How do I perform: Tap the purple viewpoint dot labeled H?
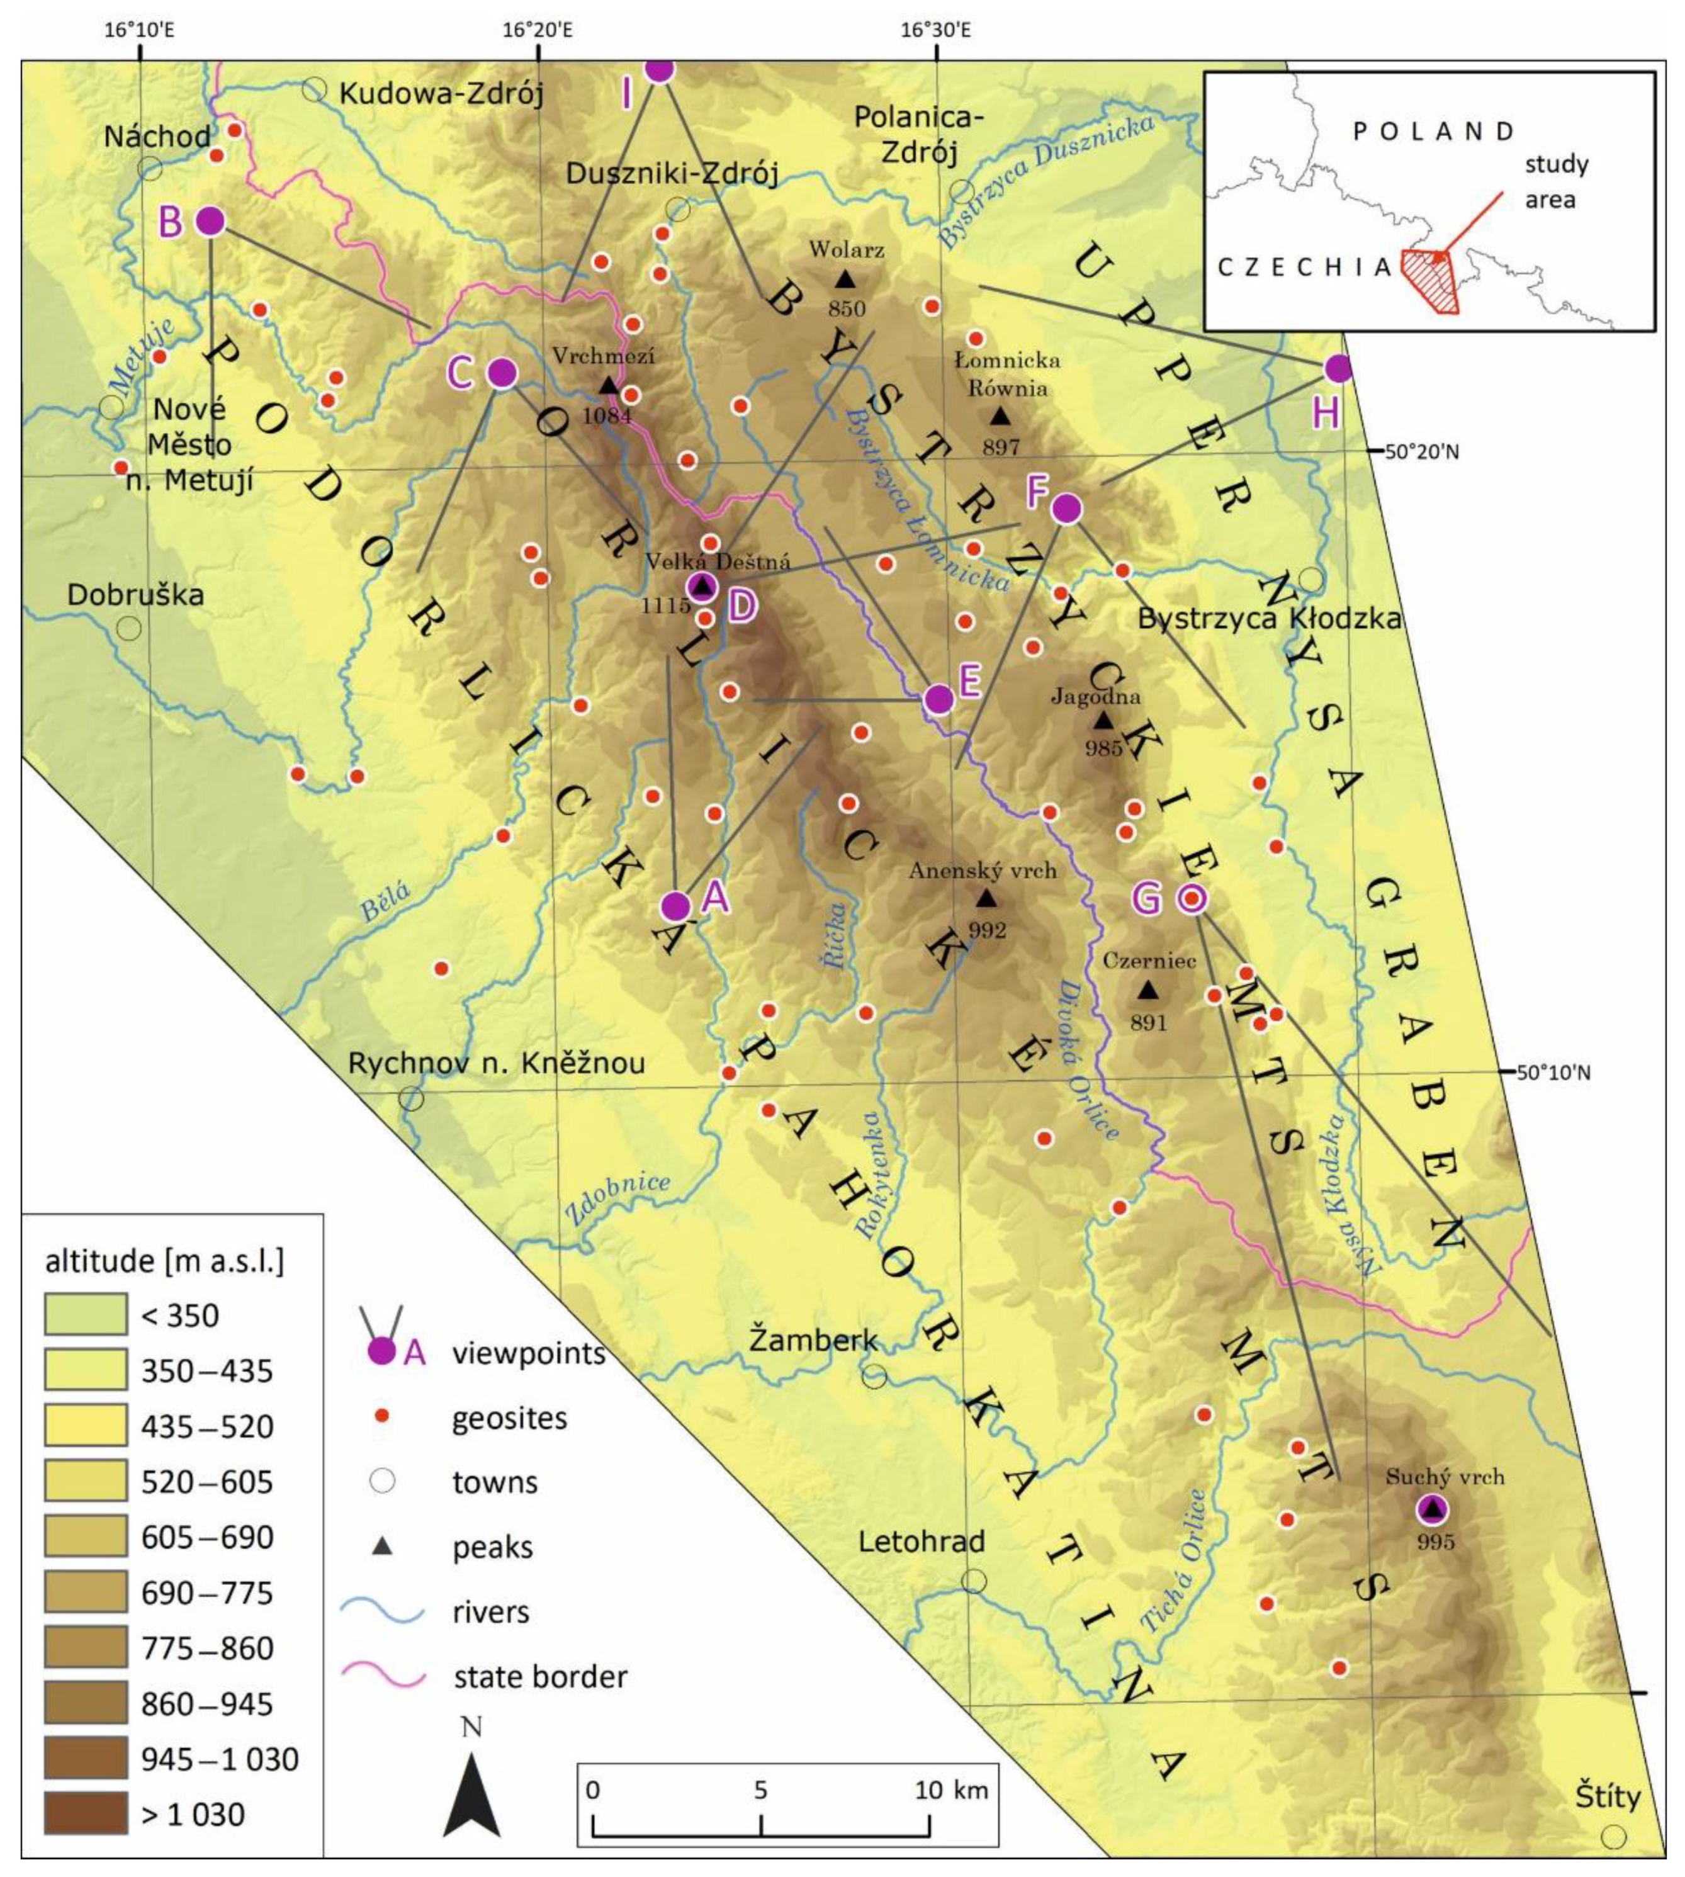pos(1338,369)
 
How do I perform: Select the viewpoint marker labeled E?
pos(938,699)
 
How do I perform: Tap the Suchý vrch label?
pos(1445,1477)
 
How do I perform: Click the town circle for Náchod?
pos(150,169)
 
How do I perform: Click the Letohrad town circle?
pos(973,1580)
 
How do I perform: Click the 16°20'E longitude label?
pos(538,30)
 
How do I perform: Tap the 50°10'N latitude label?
pos(1553,1073)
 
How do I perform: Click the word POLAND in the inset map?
pos(1433,130)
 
